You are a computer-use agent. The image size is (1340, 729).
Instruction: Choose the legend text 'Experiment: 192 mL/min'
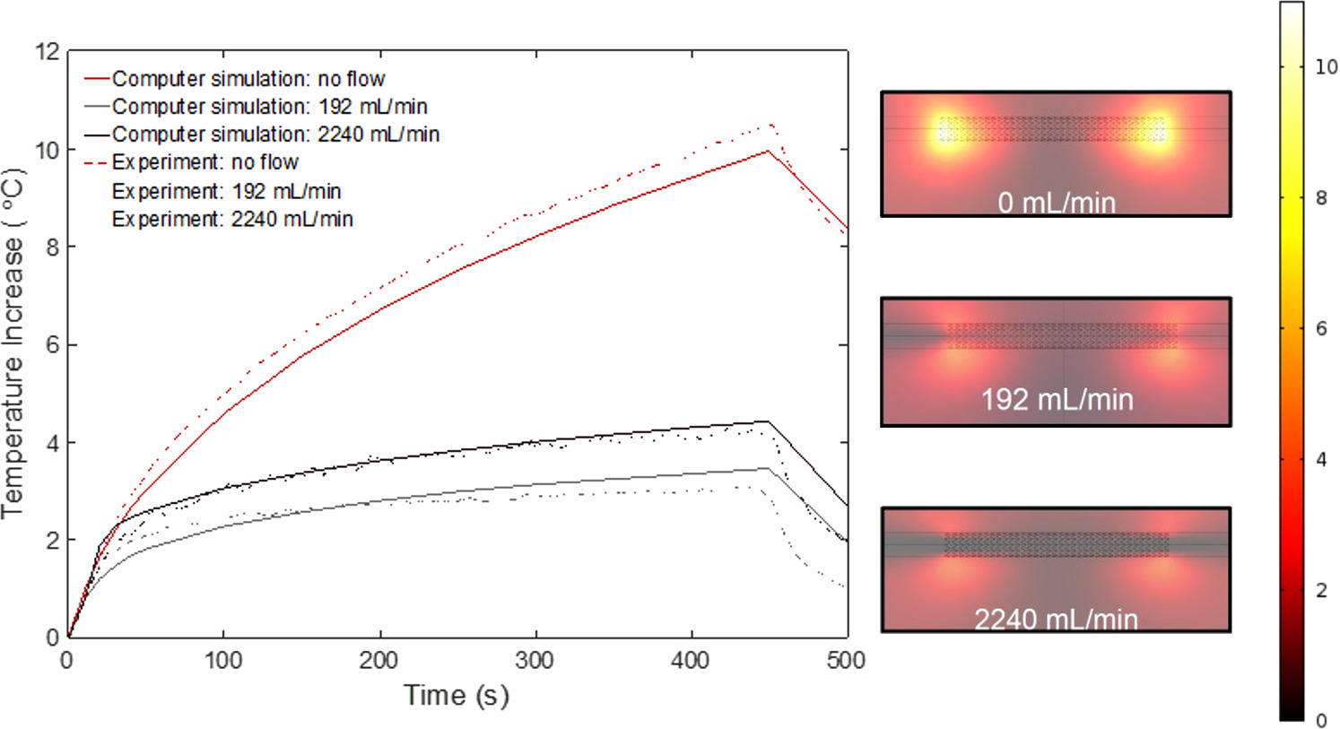[226, 191]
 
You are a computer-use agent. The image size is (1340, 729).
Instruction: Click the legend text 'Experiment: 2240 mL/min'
[232, 219]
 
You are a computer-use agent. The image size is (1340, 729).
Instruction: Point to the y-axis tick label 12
[47, 51]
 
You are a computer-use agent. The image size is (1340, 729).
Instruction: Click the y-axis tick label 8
[52, 247]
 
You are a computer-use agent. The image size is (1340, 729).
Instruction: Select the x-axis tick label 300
[535, 661]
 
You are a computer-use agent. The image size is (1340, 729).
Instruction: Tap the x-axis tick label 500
[846, 661]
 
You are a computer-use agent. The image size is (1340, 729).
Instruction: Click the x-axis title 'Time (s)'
[457, 695]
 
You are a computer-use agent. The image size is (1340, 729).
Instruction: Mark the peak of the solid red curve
[768, 152]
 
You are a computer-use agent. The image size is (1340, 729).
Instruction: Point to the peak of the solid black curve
[767, 421]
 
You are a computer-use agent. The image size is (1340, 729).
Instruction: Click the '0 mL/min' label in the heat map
[1057, 203]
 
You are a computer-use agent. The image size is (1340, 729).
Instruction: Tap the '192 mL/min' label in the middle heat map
[1057, 399]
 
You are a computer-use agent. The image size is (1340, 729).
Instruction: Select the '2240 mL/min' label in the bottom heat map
[1057, 619]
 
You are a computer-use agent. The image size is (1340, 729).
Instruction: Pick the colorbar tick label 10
[1326, 66]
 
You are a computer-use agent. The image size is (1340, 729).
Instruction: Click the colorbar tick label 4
[1321, 459]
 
